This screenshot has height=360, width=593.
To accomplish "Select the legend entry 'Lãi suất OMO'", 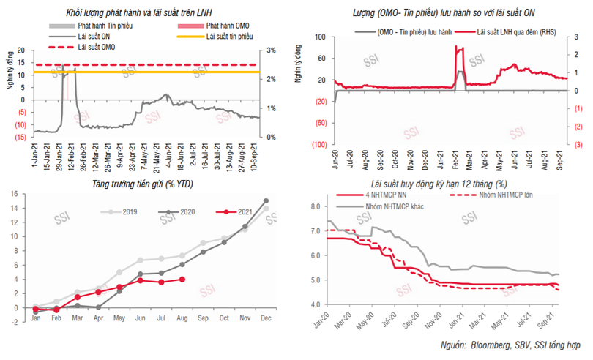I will tap(97, 46).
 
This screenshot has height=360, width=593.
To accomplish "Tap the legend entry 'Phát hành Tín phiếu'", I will tap(108, 26).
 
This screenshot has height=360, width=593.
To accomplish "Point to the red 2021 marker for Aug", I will tap(182, 279).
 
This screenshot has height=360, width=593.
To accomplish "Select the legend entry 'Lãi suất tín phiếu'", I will tap(232, 36).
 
